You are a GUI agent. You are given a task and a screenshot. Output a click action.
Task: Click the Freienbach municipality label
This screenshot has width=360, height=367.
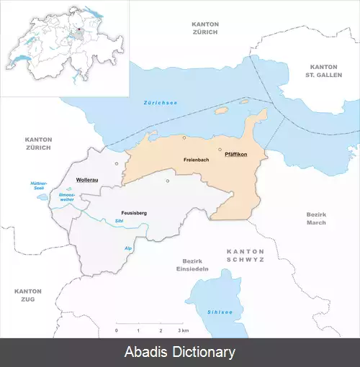pyautogui.click(x=196, y=159)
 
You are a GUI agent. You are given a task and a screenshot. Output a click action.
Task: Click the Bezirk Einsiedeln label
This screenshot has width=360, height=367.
pyautogui.click(x=195, y=264)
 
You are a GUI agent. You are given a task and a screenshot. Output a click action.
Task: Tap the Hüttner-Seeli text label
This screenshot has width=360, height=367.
pyautogui.click(x=38, y=185)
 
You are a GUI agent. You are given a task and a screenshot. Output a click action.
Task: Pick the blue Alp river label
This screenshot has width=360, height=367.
pyautogui.click(x=129, y=248)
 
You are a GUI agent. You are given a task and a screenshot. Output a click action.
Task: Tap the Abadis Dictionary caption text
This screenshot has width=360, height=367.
pyautogui.click(x=180, y=352)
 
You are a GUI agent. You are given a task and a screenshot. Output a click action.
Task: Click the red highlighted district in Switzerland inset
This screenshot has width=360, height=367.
pyautogui.click(x=78, y=31)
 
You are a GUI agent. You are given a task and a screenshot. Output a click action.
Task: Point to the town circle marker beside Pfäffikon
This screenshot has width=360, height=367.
pyautogui.click(x=220, y=149)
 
